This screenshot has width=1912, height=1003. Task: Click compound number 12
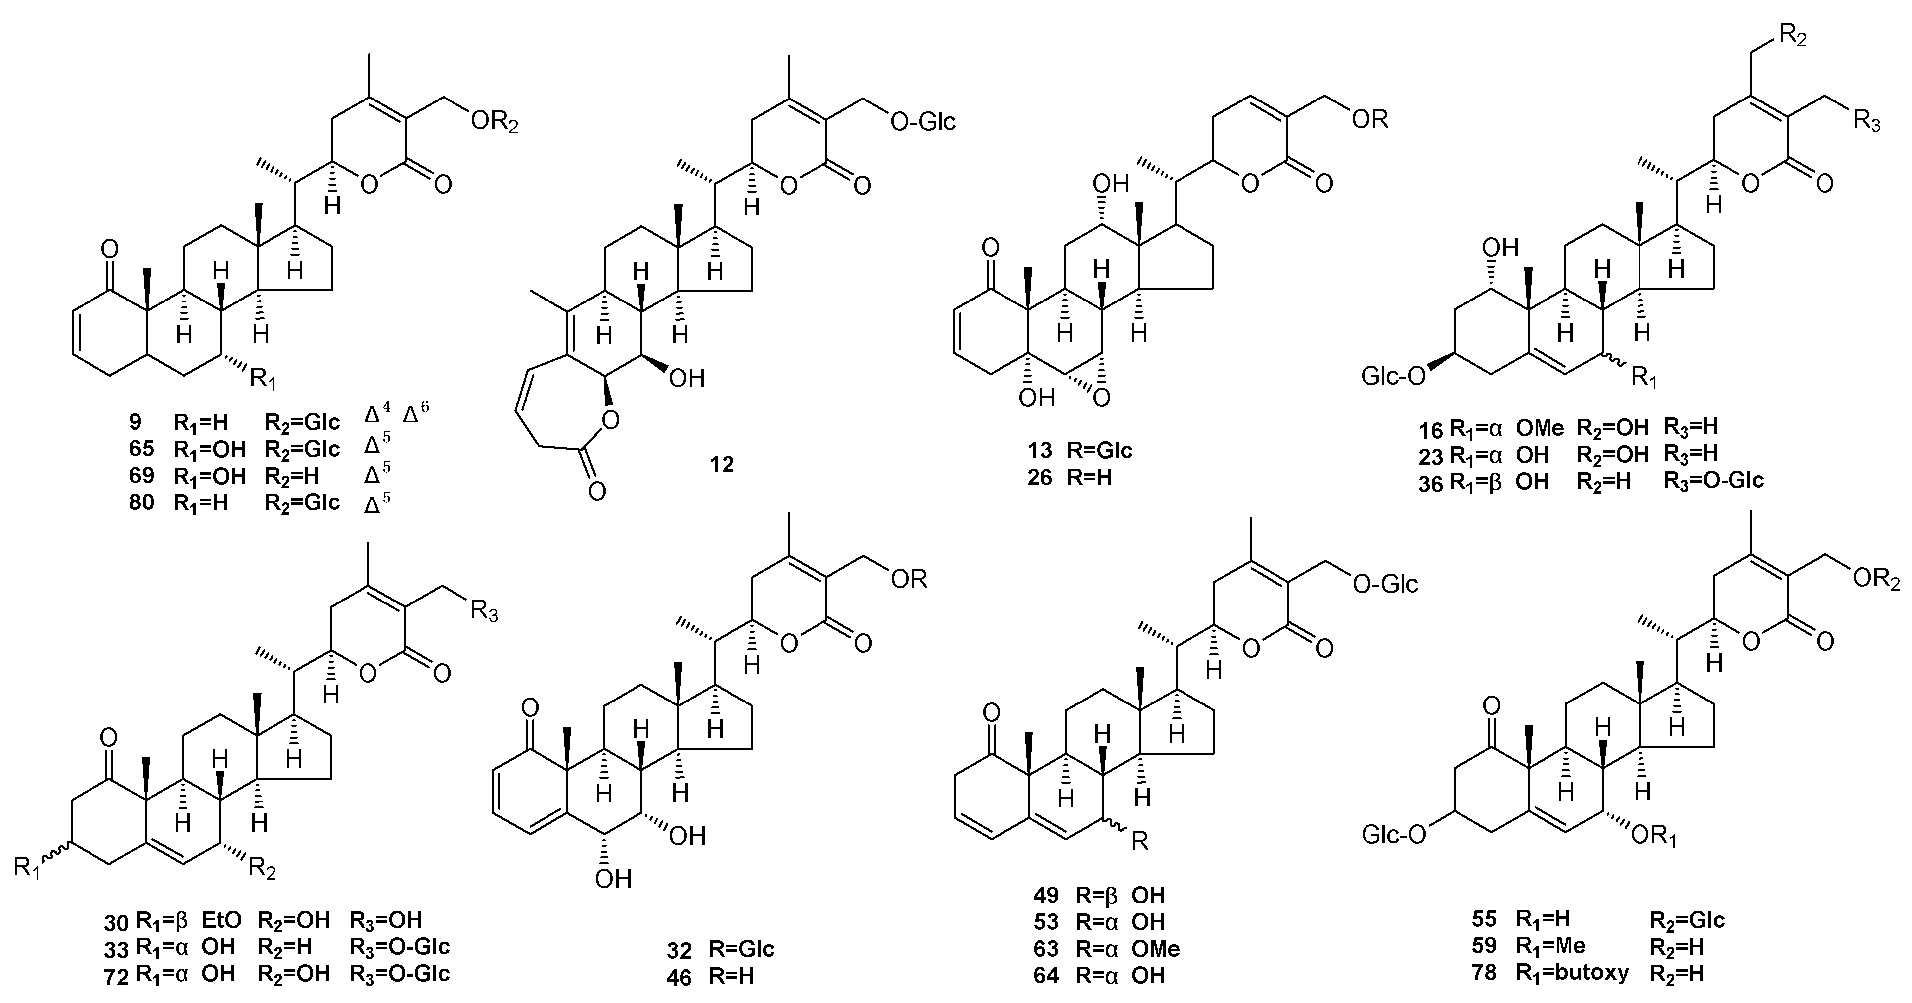(721, 465)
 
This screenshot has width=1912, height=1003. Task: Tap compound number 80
(141, 502)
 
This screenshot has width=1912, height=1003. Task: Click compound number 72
(117, 975)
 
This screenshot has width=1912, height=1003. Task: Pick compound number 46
(678, 976)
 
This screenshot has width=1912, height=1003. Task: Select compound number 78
(1484, 973)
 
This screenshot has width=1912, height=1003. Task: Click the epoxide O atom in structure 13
(1101, 399)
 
